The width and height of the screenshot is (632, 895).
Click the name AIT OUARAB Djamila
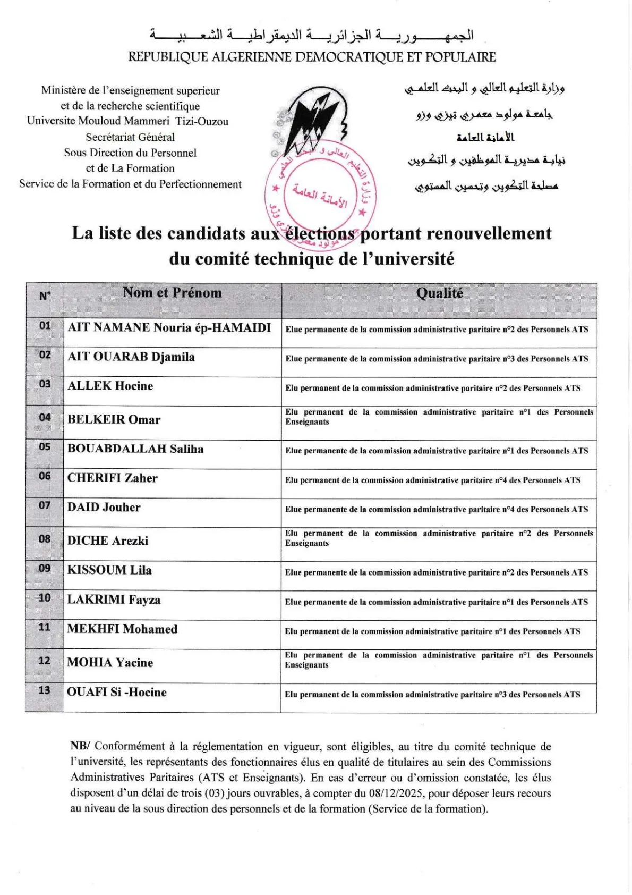point(131,357)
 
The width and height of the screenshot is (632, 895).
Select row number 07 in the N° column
point(45,505)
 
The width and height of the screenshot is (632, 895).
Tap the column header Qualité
point(439,293)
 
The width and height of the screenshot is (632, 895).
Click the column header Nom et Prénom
point(172,292)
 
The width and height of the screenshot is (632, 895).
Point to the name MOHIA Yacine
point(110,662)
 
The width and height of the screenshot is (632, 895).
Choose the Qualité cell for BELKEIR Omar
point(439,417)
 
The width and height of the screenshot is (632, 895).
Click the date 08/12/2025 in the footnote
point(397,793)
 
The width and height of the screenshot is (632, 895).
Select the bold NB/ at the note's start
point(80,746)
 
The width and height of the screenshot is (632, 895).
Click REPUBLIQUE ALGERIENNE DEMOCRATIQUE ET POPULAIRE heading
point(312,57)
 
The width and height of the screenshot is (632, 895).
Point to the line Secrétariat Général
point(130,137)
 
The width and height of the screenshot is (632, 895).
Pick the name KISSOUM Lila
point(109,570)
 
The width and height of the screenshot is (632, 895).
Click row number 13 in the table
point(45,690)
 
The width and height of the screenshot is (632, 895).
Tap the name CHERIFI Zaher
point(113,478)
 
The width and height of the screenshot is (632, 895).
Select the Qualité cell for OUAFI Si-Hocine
point(432,694)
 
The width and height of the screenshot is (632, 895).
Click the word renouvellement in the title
point(489,233)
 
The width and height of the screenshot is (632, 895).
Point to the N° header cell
point(45,295)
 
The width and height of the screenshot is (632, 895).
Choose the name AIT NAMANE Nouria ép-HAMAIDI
point(169,327)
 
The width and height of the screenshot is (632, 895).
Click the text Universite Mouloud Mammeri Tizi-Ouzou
point(128,121)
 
